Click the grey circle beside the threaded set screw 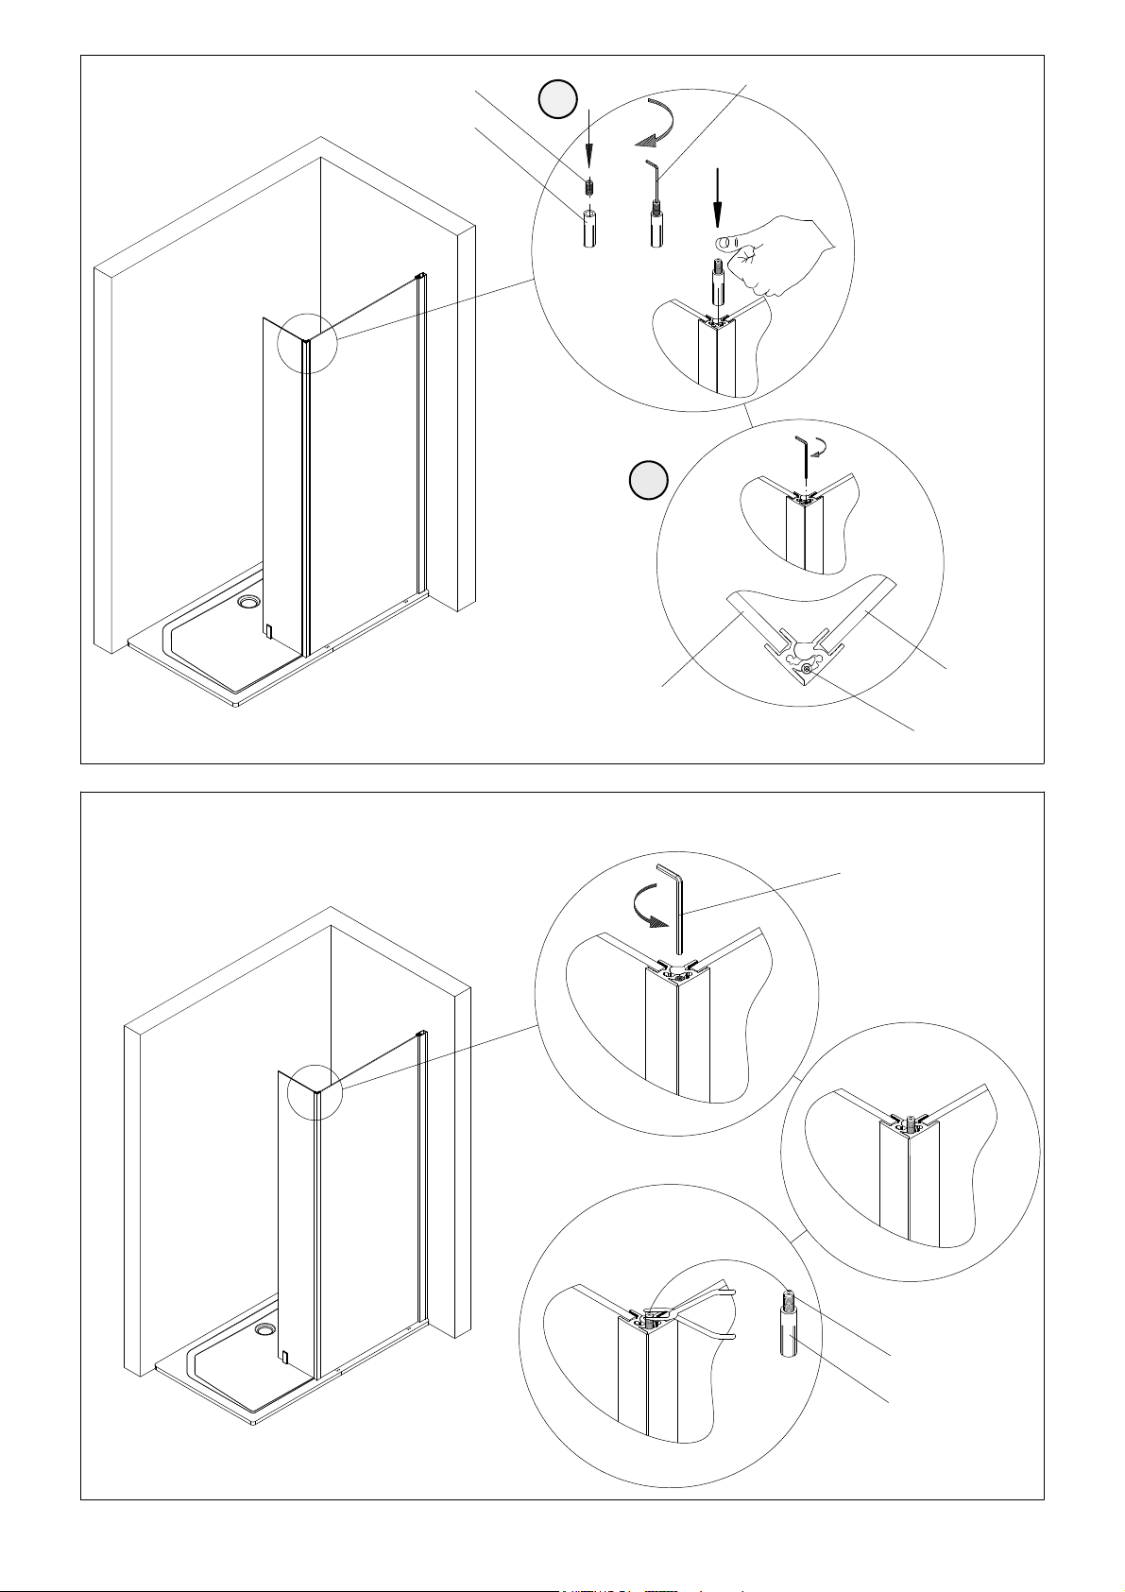coord(557,99)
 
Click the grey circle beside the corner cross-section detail coord(649,480)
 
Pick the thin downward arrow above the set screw coord(588,142)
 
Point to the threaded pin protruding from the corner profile coord(911,1123)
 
